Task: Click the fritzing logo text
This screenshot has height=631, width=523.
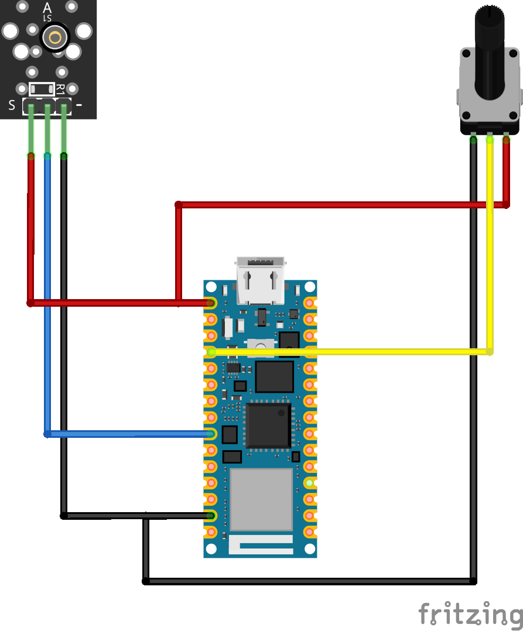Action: point(470,615)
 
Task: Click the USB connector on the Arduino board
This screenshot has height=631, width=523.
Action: point(260,280)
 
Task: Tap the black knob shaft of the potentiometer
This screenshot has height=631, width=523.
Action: point(489,53)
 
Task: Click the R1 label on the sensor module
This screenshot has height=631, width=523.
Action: point(60,90)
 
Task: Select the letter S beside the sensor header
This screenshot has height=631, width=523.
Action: point(12,106)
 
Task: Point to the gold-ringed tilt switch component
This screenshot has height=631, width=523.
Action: point(55,38)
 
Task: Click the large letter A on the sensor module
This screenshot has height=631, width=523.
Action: point(47,8)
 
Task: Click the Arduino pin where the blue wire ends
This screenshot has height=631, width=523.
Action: point(211,434)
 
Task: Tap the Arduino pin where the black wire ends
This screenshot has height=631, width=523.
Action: point(211,516)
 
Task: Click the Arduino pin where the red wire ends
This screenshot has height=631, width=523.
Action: point(211,303)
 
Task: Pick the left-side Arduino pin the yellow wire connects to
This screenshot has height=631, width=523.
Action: point(211,352)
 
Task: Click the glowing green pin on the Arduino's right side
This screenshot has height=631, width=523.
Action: point(310,483)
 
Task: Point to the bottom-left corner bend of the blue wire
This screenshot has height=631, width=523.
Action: point(47,434)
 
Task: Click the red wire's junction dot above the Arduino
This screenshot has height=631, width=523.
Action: point(179,205)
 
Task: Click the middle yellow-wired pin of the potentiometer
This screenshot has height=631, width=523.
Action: point(490,139)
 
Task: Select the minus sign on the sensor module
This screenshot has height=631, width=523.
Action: point(79,105)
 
